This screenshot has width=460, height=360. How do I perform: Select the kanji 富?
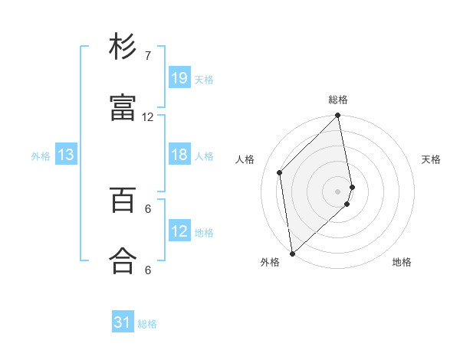point(123,108)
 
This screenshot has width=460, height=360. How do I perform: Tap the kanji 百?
point(123,199)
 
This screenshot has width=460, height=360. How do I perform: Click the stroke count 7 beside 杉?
point(147,56)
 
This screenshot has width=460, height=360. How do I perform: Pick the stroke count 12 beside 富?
point(147,117)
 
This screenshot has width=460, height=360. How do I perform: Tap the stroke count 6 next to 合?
point(147,270)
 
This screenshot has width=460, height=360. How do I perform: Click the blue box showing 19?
point(179,78)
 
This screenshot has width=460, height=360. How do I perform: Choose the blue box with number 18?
point(179,155)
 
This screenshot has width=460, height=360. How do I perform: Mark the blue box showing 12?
point(179,232)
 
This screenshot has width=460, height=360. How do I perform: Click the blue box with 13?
point(66,155)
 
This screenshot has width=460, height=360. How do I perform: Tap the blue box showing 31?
point(123,323)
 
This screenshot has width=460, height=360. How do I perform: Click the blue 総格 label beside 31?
point(147,324)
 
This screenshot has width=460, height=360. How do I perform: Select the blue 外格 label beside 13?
point(41,156)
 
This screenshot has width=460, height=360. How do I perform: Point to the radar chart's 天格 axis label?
point(432,159)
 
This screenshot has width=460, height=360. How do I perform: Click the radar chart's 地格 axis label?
point(402,262)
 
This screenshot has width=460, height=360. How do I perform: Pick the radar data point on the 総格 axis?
point(338,116)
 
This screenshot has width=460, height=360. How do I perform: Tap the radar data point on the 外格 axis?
point(292,253)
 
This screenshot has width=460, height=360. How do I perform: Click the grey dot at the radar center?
point(338,191)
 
